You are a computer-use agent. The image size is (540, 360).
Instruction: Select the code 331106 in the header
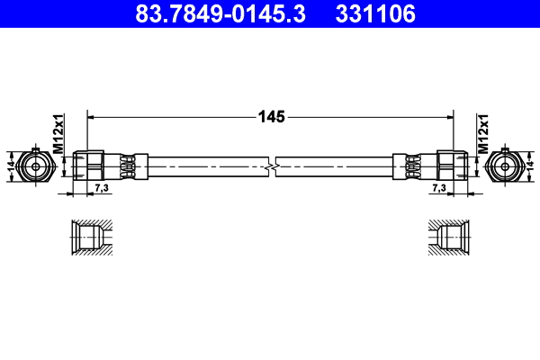point(375,14)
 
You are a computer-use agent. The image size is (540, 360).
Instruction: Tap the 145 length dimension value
point(271,116)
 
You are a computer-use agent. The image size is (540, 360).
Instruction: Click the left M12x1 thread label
point(58,133)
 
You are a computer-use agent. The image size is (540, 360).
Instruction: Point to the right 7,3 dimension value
point(438,187)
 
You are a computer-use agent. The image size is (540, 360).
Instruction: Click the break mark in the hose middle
point(271,167)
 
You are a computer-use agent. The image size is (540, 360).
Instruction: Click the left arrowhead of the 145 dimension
point(91,116)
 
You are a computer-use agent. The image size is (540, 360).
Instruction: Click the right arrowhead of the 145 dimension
point(449,116)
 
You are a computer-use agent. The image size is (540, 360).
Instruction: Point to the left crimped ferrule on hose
point(127,166)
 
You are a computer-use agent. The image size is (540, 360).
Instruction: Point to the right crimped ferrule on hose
point(413,166)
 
